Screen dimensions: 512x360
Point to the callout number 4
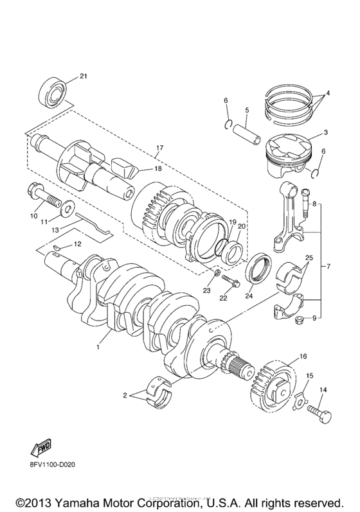327,93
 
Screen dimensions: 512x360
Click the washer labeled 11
67,208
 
